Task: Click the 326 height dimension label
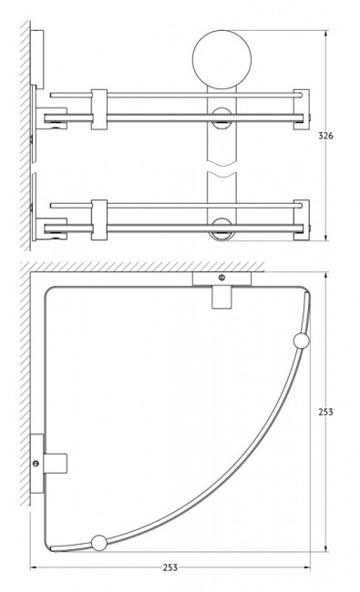pyautogui.click(x=325, y=136)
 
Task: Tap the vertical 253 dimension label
pyautogui.click(x=325, y=412)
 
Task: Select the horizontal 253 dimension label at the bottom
pyautogui.click(x=170, y=567)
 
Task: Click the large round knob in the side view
pyautogui.click(x=221, y=59)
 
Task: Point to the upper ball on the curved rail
pyautogui.click(x=301, y=342)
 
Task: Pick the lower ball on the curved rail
pyautogui.click(x=99, y=544)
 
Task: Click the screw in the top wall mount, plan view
pyautogui.click(x=221, y=278)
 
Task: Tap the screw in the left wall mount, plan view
pyautogui.click(x=36, y=464)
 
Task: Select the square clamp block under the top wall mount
pyautogui.click(x=221, y=297)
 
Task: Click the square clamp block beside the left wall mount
pyautogui.click(x=56, y=464)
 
